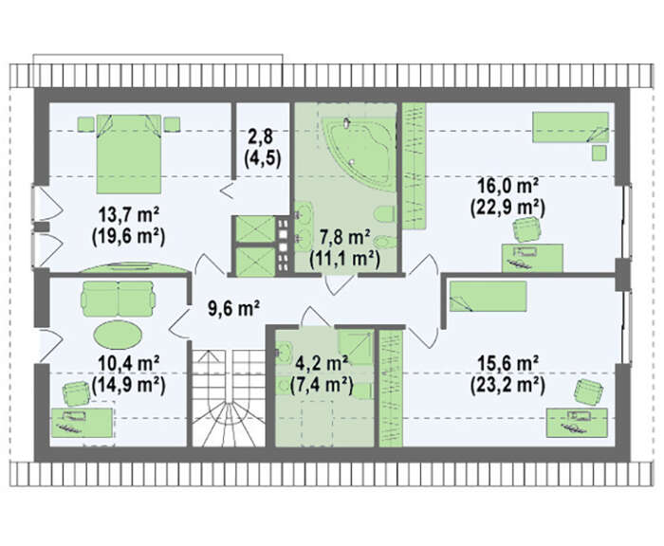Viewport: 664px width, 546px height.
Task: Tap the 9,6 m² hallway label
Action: pos(233,308)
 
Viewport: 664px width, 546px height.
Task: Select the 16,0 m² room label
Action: pos(507,186)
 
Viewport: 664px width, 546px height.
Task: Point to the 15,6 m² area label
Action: pos(507,364)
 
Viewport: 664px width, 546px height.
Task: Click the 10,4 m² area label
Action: pos(129,364)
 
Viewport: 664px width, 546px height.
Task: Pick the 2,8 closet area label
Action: pos(263,137)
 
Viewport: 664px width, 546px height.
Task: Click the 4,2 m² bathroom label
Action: pos(323,364)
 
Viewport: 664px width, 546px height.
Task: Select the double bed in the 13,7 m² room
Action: pos(129,153)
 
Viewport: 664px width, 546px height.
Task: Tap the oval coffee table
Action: pos(118,335)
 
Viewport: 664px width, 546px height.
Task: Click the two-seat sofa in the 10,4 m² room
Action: pos(118,299)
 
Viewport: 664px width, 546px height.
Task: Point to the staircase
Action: pos(227,399)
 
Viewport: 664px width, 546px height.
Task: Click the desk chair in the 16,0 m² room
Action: pos(527,229)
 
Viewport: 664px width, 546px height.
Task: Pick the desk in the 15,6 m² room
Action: pos(577,422)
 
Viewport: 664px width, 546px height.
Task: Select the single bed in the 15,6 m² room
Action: pos(488,296)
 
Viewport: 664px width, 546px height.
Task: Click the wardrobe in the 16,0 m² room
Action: pos(414,166)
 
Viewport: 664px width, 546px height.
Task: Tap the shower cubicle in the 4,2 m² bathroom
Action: pos(356,348)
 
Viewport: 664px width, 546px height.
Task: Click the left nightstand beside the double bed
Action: pos(86,124)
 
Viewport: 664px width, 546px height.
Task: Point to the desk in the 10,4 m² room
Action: pos(83,422)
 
